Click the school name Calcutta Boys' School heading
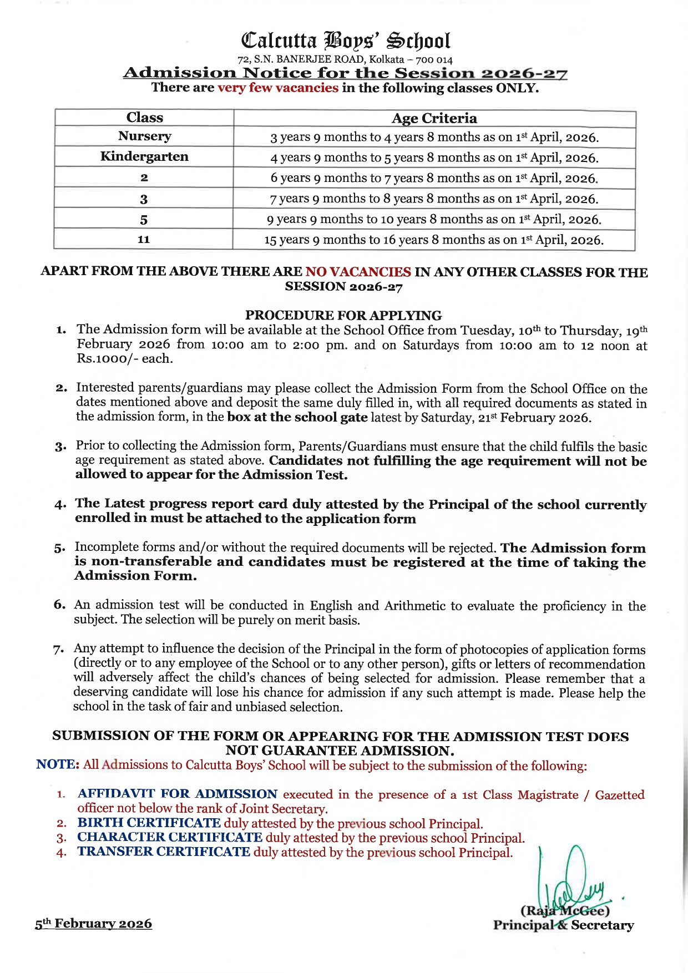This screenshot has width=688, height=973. pyautogui.click(x=345, y=40)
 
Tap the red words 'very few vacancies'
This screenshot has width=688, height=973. pyautogui.click(x=277, y=88)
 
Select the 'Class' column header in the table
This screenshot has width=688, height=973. pyautogui.click(x=144, y=118)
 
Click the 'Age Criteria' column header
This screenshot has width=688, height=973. pyautogui.click(x=434, y=118)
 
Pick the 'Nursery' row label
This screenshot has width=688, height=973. pyautogui.click(x=144, y=136)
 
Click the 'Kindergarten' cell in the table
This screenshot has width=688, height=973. pyautogui.click(x=144, y=157)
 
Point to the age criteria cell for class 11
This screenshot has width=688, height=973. pyautogui.click(x=434, y=240)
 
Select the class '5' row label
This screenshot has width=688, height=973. pyautogui.click(x=144, y=220)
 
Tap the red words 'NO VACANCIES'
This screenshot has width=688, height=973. pyautogui.click(x=358, y=272)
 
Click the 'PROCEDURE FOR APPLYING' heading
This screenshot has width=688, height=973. pyautogui.click(x=343, y=315)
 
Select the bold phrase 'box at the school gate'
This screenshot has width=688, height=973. pyautogui.click(x=297, y=417)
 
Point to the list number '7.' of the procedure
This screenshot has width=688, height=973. pyautogui.click(x=59, y=650)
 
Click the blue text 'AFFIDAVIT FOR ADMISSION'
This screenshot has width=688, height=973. pyautogui.click(x=177, y=794)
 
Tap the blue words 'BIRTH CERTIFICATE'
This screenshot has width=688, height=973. pyautogui.click(x=149, y=823)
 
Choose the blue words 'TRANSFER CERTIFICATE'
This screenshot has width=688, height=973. pyautogui.click(x=164, y=852)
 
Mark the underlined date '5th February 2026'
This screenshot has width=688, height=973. pyautogui.click(x=93, y=924)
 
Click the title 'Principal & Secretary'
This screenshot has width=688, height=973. pyautogui.click(x=563, y=925)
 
